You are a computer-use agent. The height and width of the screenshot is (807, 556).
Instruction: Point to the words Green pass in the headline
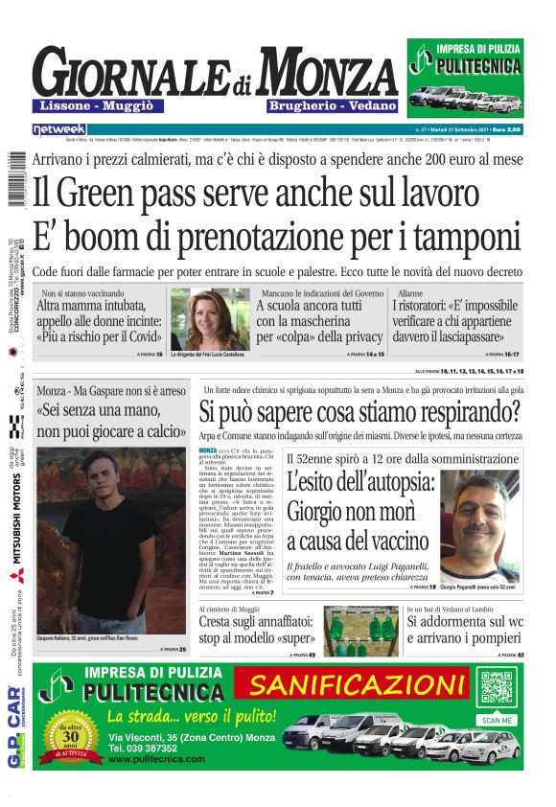pos(144,191)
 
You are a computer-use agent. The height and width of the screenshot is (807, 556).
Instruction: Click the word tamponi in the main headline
pos(456,235)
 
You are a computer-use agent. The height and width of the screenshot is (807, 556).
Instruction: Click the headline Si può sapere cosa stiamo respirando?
pos(359,412)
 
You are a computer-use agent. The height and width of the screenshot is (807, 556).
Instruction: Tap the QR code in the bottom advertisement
pos(498,691)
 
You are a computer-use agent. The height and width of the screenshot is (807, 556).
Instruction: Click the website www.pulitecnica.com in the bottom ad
pos(156,758)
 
